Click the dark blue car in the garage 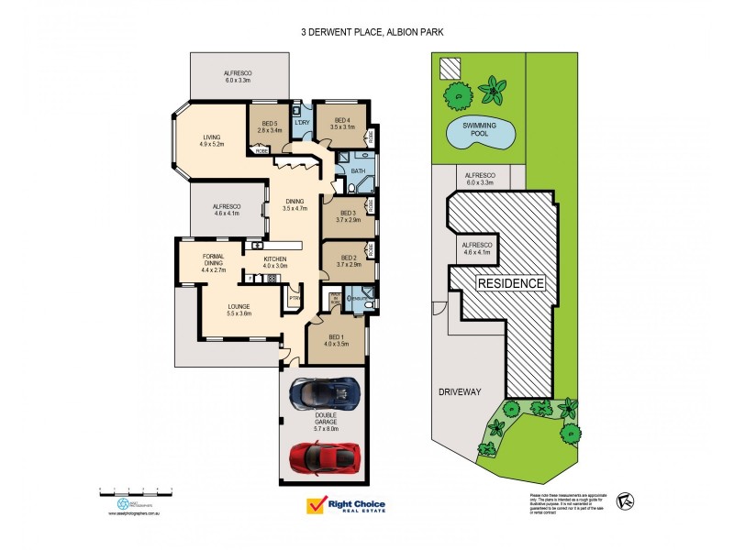click(x=324, y=393)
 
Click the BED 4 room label click(x=341, y=123)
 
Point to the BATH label click(x=359, y=170)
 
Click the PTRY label click(x=294, y=298)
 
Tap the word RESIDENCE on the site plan click(x=509, y=284)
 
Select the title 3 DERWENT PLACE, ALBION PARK click(x=366, y=31)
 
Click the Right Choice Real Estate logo click(x=346, y=506)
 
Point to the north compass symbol click(x=626, y=500)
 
